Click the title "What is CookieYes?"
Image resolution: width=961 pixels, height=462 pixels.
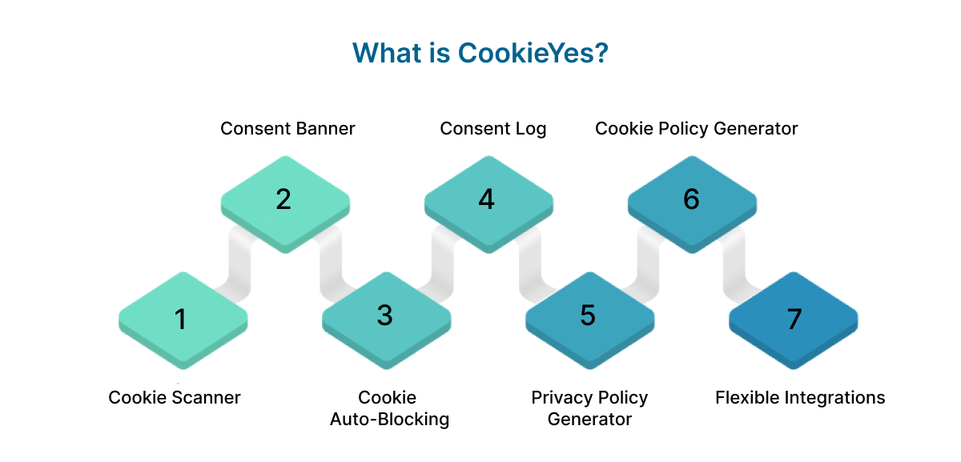480,53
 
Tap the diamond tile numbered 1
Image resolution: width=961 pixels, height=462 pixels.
182,318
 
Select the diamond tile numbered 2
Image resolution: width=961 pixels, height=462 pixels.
284,200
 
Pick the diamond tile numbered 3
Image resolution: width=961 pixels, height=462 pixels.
385,316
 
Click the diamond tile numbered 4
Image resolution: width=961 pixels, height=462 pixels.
487,200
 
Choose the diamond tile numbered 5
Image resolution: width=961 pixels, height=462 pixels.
589,316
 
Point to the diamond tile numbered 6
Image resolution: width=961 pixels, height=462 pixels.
691,200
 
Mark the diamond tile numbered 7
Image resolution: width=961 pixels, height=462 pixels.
793,318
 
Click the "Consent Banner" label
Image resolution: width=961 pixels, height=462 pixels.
287,128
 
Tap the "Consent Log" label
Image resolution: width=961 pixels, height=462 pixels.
493,128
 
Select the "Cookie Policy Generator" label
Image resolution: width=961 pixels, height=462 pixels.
696,128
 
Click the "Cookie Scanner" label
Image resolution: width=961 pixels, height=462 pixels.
175,397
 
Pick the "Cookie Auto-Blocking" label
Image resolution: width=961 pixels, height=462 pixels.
388,408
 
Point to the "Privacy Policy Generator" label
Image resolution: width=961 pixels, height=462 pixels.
589,408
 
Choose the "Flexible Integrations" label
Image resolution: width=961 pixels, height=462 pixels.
799,397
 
